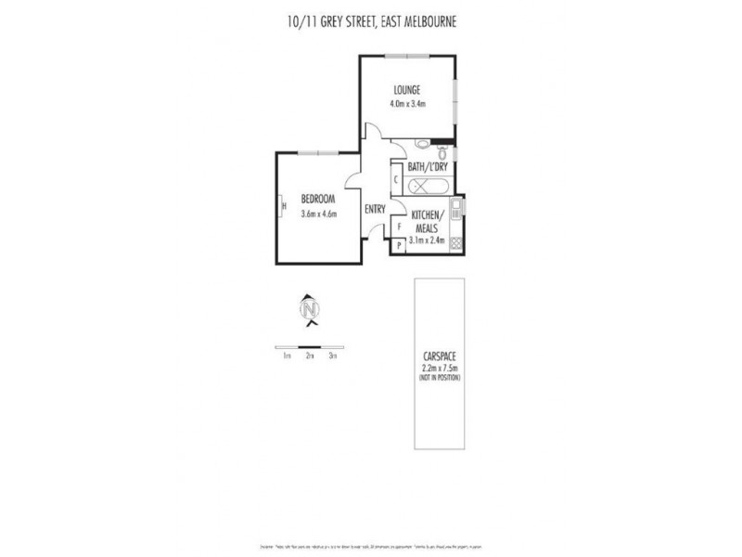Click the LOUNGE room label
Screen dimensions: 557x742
click(407, 90)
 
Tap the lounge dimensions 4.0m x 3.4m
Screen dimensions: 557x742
click(407, 103)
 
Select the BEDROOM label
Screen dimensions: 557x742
click(317, 200)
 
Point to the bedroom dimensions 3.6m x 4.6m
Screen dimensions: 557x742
click(318, 214)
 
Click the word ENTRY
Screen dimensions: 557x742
click(375, 209)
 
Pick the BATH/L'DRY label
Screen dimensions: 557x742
click(428, 166)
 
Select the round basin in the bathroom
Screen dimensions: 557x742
click(422, 144)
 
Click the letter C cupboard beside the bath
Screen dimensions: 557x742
click(396, 178)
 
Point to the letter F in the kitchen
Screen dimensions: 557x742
click(399, 227)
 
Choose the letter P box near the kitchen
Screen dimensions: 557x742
click(399, 245)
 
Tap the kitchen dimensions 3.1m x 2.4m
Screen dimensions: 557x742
click(428, 240)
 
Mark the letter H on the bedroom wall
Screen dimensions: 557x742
click(284, 206)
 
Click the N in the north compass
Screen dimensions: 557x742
click(311, 308)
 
